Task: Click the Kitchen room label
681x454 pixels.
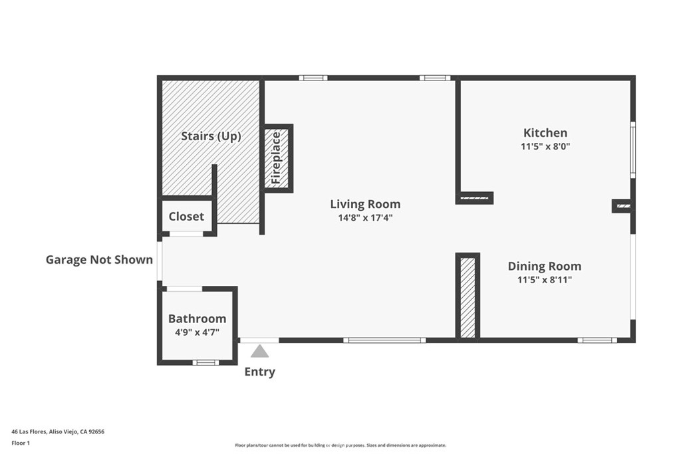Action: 545,133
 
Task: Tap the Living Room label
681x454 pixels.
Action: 365,204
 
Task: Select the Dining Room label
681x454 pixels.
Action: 545,266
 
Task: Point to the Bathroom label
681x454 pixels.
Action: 197,318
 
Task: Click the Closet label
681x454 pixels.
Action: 186,216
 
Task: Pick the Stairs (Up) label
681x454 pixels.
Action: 211,136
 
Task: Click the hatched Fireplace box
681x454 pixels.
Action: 277,158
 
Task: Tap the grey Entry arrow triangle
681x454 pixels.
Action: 260,351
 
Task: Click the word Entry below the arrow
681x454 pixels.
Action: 260,372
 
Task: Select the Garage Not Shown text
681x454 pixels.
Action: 100,259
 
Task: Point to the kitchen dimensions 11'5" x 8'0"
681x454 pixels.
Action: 545,146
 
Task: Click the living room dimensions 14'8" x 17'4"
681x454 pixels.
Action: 365,217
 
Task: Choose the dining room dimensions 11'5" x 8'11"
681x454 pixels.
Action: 545,280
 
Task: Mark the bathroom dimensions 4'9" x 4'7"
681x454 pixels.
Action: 197,332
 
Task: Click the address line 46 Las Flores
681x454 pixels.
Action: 58,432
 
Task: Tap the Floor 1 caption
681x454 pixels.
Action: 21,443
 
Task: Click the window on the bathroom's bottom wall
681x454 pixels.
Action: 206,362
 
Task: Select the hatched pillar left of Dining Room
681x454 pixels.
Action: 468,297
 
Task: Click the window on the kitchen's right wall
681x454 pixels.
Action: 633,150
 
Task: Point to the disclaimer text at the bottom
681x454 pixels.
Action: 340,445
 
